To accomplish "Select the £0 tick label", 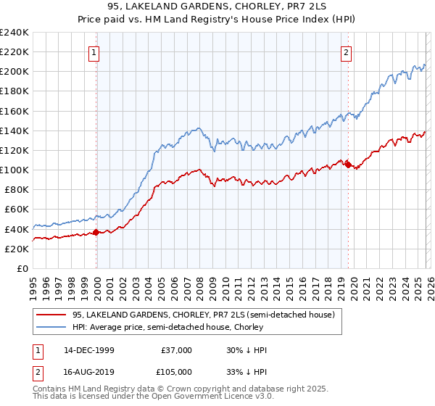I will [x=22, y=268].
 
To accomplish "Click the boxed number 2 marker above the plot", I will [x=347, y=51].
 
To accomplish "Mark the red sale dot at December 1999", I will [x=96, y=232].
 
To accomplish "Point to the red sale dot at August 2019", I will [x=348, y=165].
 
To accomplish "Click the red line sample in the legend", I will [x=51, y=315].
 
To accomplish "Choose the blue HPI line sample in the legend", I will [x=51, y=328].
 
